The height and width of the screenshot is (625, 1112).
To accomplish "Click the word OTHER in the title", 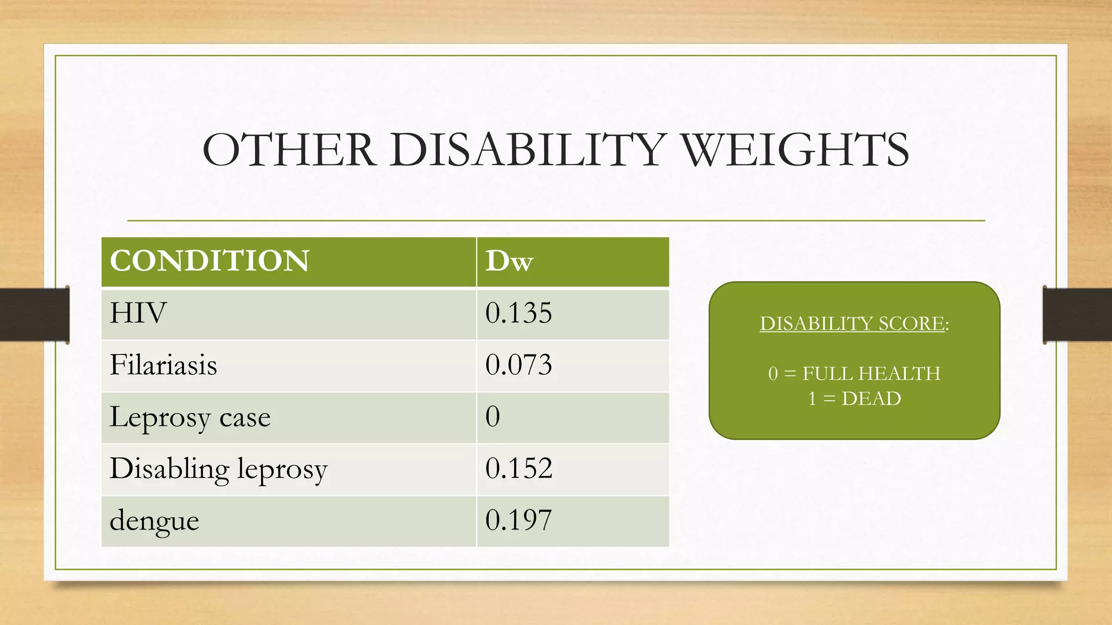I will [289, 150].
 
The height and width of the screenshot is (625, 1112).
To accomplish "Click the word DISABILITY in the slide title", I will [526, 150].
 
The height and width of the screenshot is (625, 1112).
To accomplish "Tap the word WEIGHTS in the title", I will [795, 150].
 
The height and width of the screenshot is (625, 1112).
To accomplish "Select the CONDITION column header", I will [210, 261].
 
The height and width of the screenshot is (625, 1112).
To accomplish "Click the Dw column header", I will [509, 261].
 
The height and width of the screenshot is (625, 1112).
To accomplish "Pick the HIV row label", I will [138, 313].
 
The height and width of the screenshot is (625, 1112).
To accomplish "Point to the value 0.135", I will [519, 313].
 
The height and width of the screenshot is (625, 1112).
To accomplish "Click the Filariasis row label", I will [163, 365].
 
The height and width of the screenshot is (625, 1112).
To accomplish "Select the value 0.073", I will [519, 365].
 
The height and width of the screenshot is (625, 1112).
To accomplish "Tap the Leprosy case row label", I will [190, 417].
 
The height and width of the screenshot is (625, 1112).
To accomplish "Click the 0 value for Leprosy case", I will [492, 417].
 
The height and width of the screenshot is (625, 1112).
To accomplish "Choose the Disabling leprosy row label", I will [218, 469].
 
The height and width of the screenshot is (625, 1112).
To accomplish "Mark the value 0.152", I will [519, 469].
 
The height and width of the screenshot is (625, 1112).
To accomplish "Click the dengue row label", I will [154, 521].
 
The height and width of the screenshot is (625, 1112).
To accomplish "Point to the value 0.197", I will [519, 521].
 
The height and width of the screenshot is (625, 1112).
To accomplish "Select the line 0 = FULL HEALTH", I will [854, 373].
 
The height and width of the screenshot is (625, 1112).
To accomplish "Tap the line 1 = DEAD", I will [854, 399].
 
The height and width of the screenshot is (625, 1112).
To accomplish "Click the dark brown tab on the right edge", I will [1077, 315].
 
